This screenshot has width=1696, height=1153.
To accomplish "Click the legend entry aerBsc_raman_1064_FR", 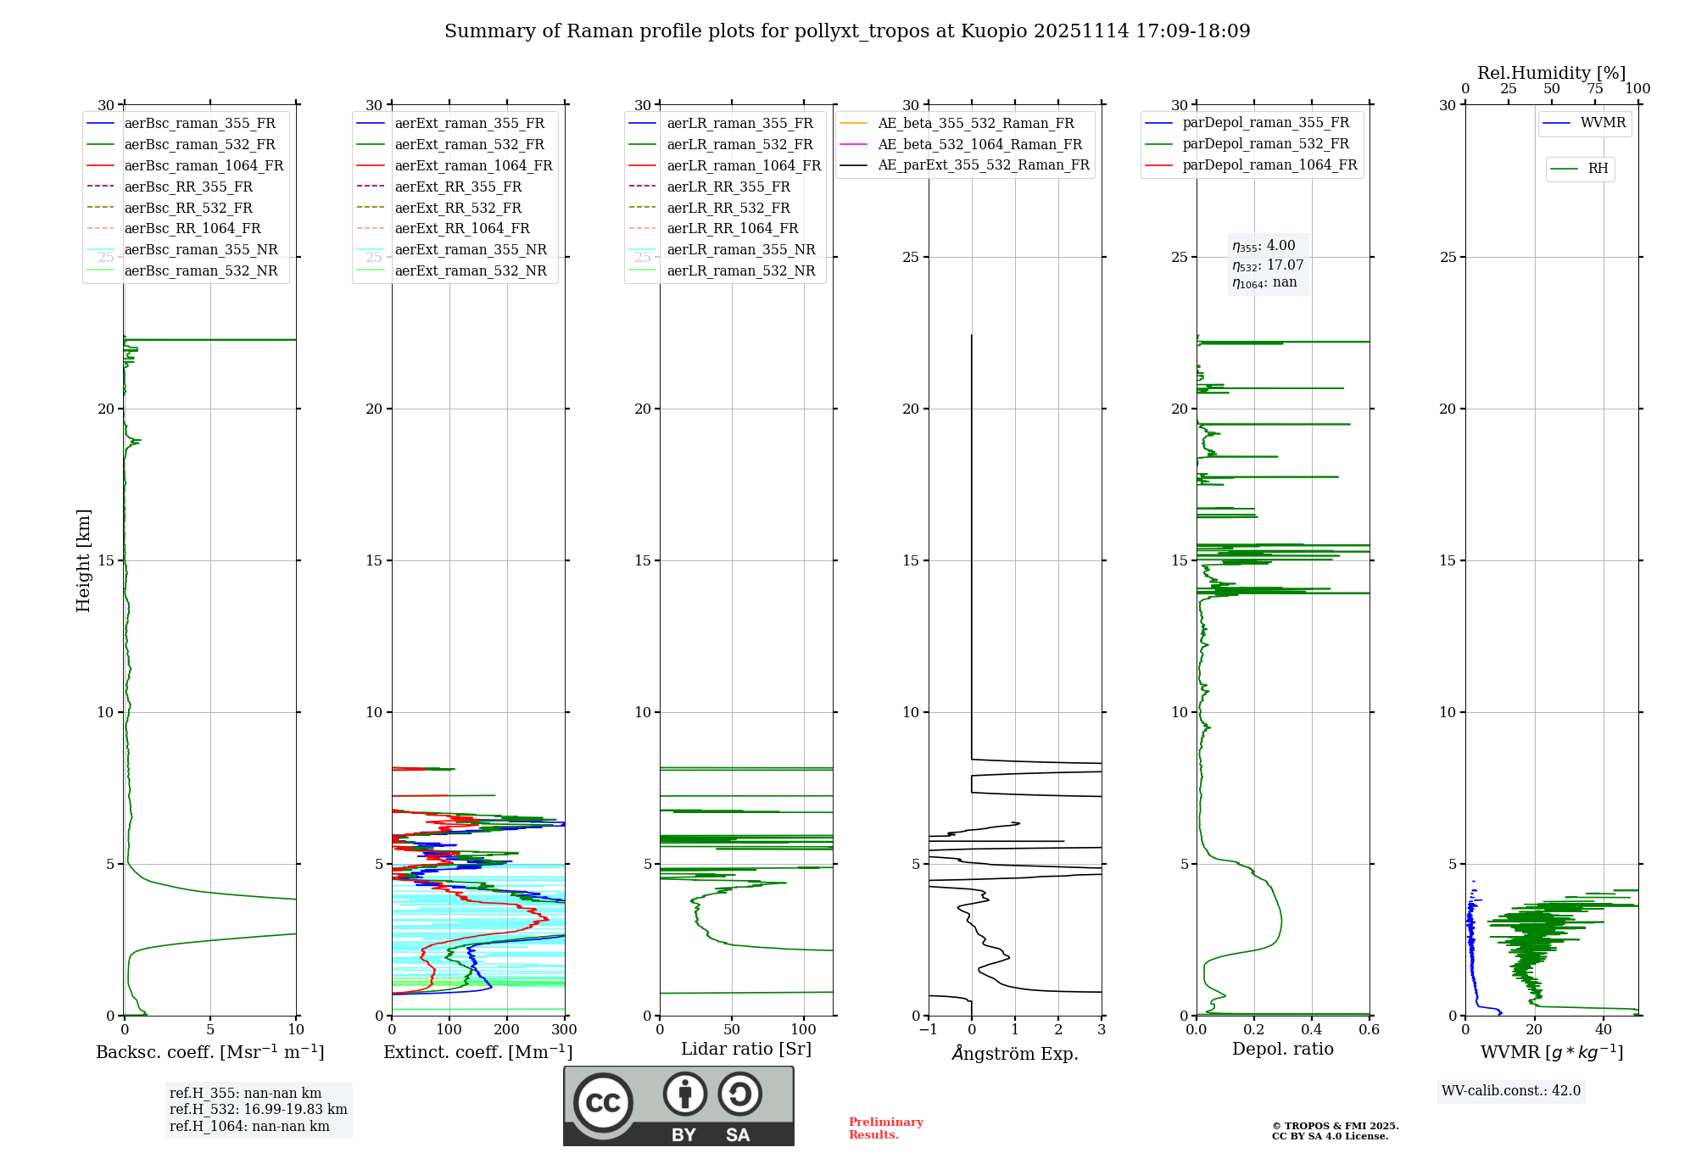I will click(204, 166).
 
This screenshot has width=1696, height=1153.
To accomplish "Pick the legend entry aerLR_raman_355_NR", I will click(740, 250).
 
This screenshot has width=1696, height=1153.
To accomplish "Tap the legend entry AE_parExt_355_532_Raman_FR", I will click(983, 165).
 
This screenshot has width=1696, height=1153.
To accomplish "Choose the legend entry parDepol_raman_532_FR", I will click(1265, 144).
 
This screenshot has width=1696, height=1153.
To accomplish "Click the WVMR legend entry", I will click(1602, 124).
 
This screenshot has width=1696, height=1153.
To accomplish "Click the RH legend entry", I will click(1598, 169).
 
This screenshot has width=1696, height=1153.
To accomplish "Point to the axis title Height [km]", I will click(83, 560).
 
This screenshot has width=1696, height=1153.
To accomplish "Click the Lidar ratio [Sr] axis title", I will click(746, 1049).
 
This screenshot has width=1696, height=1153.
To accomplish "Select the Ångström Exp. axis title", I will click(1015, 1054).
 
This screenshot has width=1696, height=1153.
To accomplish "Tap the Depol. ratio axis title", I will click(1282, 1049).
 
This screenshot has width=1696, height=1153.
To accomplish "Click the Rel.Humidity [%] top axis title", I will click(1551, 73).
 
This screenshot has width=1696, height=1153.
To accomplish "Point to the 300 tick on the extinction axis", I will click(564, 1030).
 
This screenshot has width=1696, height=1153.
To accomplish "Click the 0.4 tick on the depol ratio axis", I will click(1312, 1030).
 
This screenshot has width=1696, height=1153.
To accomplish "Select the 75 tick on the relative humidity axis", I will click(1595, 89).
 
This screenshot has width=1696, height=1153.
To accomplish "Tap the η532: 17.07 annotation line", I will click(1268, 265).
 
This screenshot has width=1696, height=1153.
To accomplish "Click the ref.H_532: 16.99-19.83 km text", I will click(258, 1110).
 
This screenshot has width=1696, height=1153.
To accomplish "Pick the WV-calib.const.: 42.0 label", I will click(1510, 1091).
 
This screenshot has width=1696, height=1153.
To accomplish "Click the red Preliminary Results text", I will click(885, 1128).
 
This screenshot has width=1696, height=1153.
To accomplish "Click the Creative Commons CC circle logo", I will click(603, 1103).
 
